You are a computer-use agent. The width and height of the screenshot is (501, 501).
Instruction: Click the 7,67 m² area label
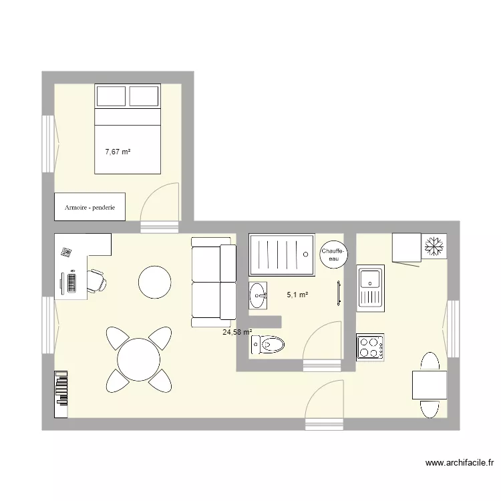point(118,152)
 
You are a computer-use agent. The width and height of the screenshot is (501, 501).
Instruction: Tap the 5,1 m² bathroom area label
point(297,295)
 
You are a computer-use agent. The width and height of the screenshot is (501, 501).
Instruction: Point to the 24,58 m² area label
point(237,332)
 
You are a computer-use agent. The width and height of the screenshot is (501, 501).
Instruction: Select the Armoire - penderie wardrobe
point(90,208)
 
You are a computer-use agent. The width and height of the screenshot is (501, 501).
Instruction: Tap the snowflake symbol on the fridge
point(434,246)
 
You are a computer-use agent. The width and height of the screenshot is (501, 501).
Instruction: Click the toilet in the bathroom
point(269,345)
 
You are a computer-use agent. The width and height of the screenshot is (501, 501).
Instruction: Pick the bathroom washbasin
point(257,295)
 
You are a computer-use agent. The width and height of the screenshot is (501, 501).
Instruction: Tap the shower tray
point(281,254)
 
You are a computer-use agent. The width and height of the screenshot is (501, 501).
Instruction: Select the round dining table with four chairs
point(139,359)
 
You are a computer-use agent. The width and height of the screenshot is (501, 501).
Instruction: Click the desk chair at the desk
point(96,281)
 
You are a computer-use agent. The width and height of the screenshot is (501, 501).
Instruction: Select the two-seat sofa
point(214,282)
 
